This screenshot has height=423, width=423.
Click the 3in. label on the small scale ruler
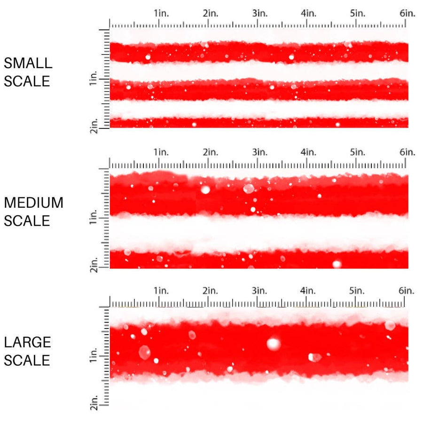pos(260,13)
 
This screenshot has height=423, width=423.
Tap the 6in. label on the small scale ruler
pos(407,13)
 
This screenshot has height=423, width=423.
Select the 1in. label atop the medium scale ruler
pos(161,152)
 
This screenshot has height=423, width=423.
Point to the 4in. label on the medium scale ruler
pos(309,152)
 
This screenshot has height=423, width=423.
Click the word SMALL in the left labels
pos(28,63)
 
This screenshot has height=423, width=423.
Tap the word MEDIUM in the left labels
pos(33,203)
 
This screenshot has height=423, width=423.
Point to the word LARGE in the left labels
pos(27,342)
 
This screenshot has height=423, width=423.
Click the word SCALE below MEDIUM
pos(27,221)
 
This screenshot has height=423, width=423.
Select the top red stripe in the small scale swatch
pos(258,52)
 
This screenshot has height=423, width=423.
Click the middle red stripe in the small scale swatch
pos(258,89)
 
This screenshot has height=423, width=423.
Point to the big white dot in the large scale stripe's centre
pos(274,344)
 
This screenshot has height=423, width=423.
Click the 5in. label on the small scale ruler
pos(358,13)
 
